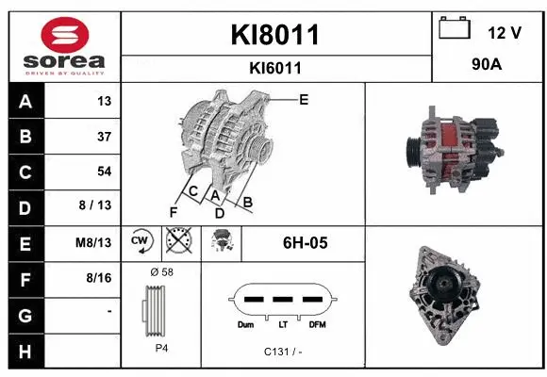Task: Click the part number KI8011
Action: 275,36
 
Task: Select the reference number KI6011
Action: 275,68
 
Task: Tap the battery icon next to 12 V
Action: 456,29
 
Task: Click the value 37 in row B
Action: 104,137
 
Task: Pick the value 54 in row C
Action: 104,172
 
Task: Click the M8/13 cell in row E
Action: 94,242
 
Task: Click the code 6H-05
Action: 305,242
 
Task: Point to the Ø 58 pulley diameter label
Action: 161,271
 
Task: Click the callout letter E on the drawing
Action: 303,99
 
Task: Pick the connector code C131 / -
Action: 281,352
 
